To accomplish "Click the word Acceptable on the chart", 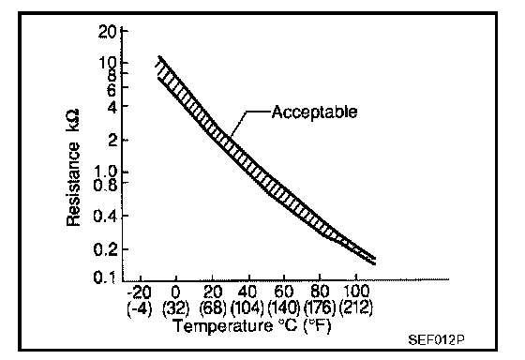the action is point(314,112).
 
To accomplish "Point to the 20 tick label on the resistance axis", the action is point(107,32).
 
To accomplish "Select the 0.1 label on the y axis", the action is point(105,277).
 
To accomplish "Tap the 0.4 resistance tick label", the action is point(105,217).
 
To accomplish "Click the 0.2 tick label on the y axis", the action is point(105,249).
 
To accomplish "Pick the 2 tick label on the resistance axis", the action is point(112,140).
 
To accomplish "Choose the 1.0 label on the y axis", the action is point(106,172).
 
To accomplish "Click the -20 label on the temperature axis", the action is point(140,292).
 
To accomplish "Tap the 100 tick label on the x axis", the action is point(356,292).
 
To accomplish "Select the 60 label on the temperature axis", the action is point(283,292).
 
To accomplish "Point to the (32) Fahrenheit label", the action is point(176,307).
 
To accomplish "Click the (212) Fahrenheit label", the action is point(356,307).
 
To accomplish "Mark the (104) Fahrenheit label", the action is point(247,307).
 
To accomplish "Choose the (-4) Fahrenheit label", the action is point(140,307).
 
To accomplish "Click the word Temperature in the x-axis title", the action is point(223,326).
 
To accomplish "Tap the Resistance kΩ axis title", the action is point(73,167).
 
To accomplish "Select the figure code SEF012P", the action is point(436,340).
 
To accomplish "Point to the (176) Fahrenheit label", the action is point(320,307).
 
